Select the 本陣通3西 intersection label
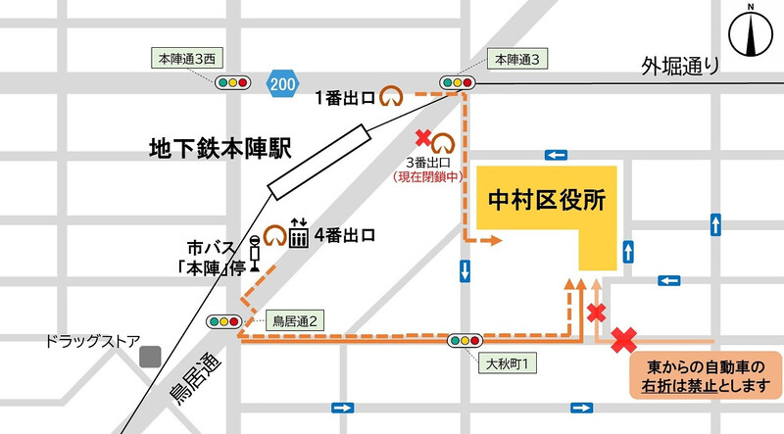tap(186, 60)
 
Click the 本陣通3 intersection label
tap(514, 60)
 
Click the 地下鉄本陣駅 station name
tap(214, 150)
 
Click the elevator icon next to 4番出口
tap(298, 235)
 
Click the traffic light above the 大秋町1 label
tap(464, 342)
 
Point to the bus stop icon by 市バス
tap(255, 251)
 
